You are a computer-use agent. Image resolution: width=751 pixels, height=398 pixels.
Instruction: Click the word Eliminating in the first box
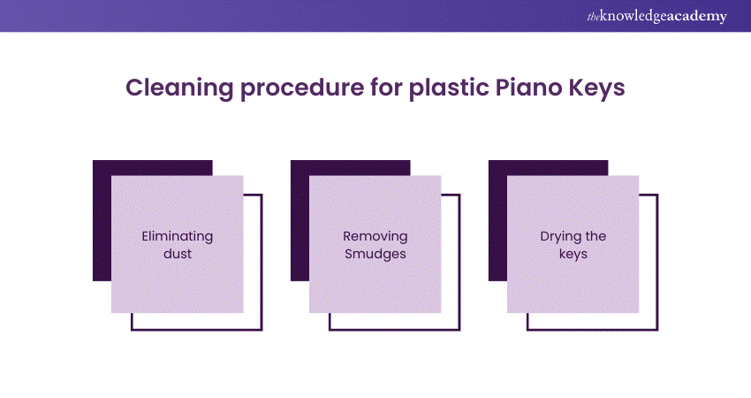(x=178, y=236)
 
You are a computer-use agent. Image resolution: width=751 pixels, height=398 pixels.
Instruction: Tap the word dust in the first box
(x=178, y=253)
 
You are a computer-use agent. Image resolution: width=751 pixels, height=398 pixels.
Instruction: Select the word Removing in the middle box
(x=375, y=236)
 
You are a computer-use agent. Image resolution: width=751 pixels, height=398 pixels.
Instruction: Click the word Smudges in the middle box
(x=375, y=253)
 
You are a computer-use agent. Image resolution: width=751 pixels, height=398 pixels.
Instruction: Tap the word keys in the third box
(x=573, y=253)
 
